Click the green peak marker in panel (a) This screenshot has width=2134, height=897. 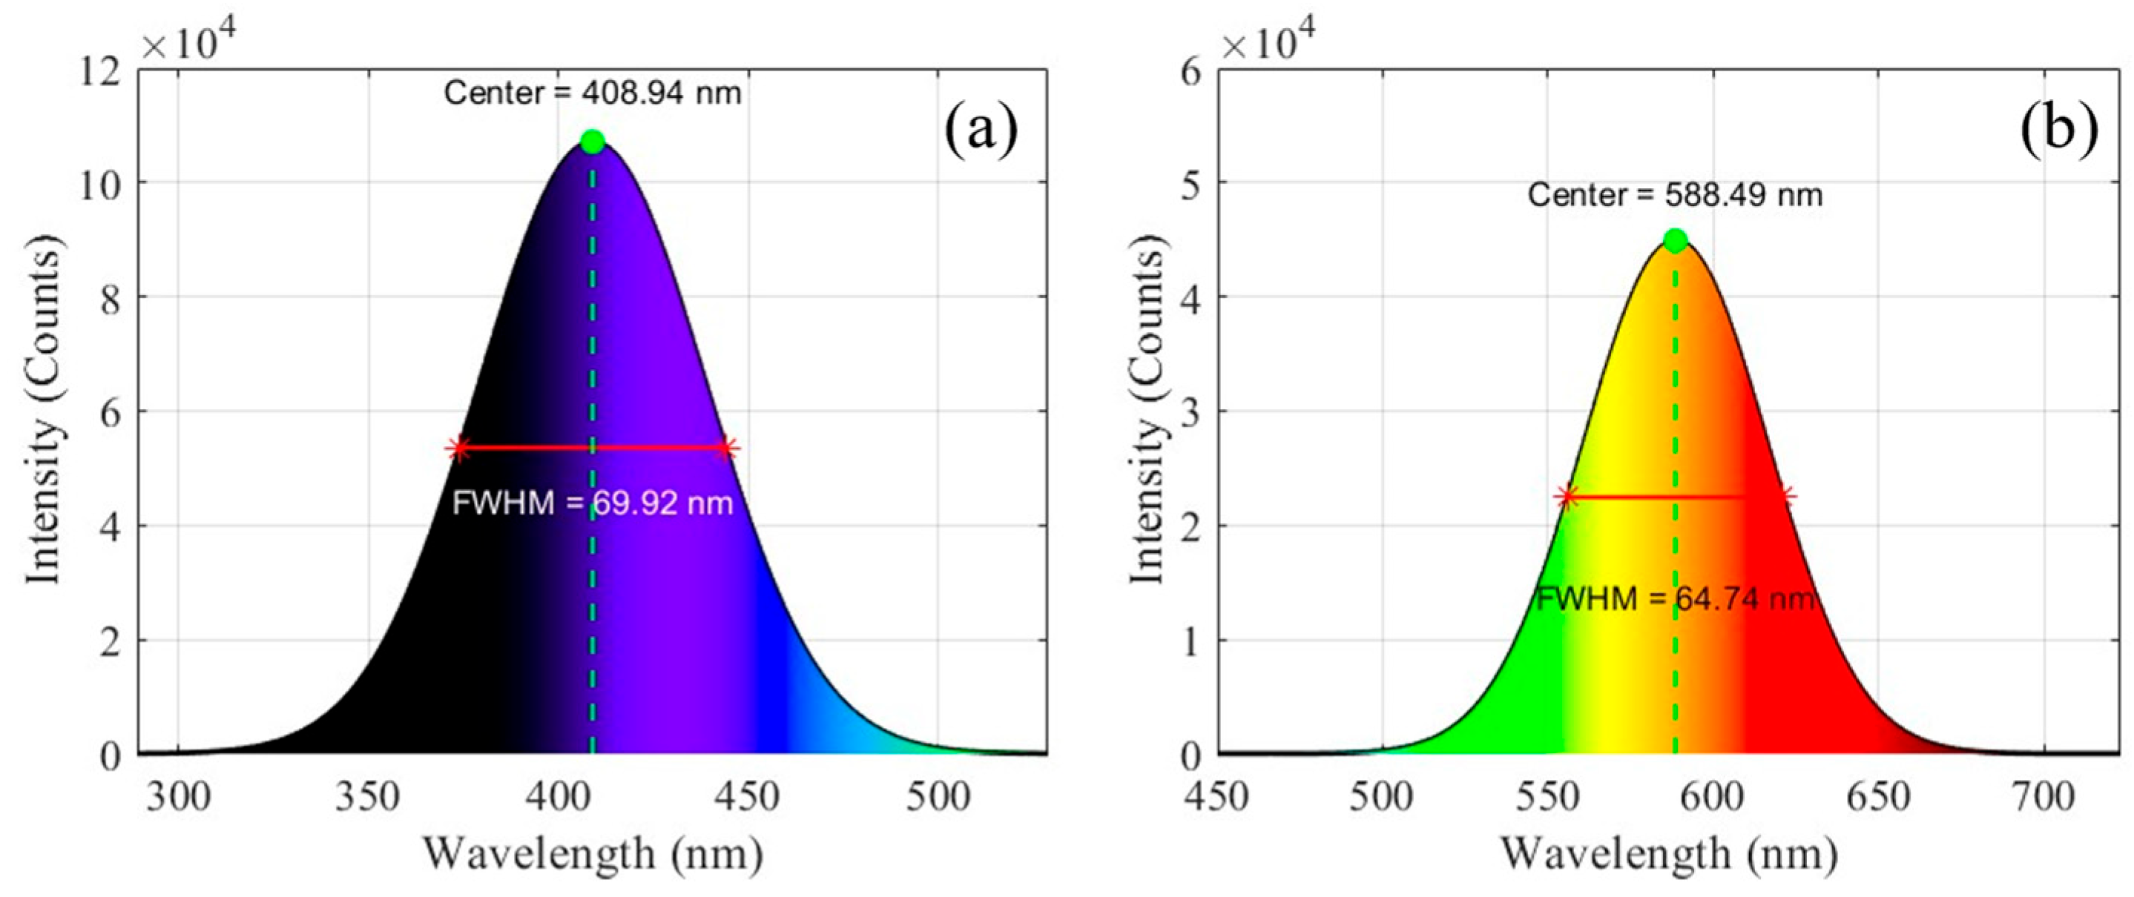click(591, 142)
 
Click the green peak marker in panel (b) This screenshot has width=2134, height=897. click(1675, 241)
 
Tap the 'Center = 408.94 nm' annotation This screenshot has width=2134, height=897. click(593, 93)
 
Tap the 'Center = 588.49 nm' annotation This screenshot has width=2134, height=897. click(1675, 196)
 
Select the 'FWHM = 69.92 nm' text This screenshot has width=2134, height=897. click(593, 503)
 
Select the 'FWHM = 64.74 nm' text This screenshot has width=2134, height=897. click(1675, 598)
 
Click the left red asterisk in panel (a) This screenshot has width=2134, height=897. click(458, 448)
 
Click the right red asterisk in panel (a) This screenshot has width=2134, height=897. click(725, 448)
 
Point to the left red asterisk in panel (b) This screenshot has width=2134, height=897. click(1565, 497)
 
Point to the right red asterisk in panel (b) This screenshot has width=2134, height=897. click(1786, 497)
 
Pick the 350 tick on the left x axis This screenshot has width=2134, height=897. click(367, 797)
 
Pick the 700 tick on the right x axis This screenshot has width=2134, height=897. click(2043, 797)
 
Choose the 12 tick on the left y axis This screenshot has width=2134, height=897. click(99, 71)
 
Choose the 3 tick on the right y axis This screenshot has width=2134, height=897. click(1191, 411)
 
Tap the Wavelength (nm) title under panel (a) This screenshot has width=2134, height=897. click(593, 853)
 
